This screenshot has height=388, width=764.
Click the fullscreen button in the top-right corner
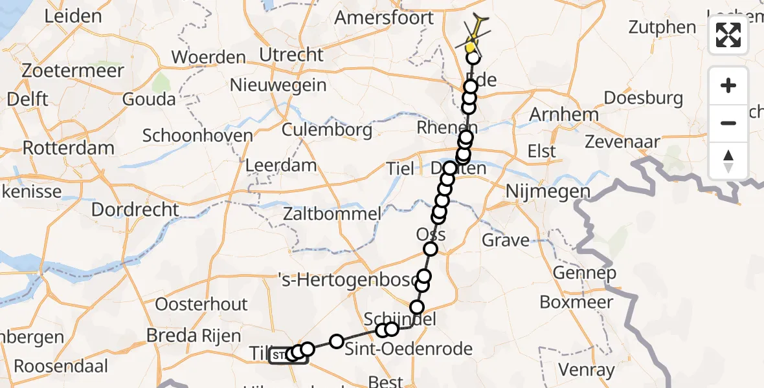coord(728,35)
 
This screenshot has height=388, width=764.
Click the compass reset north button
coord(728,161)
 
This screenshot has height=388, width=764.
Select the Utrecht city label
coord(291,55)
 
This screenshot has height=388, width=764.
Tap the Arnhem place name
coord(555,114)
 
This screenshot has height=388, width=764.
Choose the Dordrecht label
coord(135,210)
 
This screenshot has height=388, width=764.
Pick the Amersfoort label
coord(384,17)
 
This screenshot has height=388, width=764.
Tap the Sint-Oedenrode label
coord(409,350)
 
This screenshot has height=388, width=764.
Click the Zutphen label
coord(662,28)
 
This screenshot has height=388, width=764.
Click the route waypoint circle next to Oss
coord(431,249)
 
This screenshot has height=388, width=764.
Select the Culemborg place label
coord(327,130)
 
